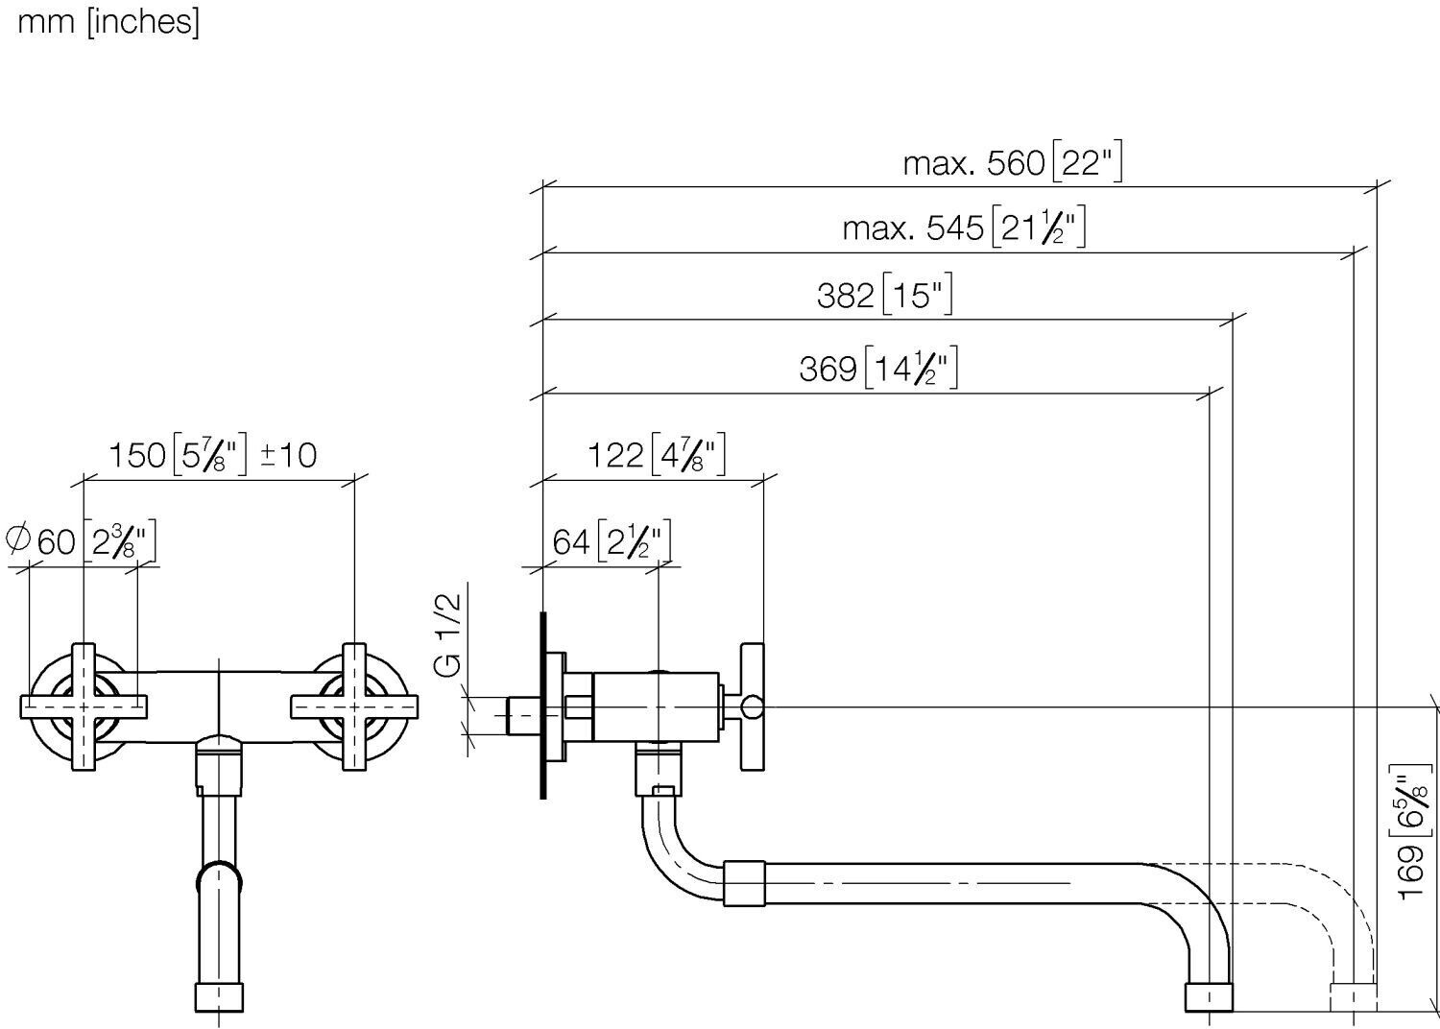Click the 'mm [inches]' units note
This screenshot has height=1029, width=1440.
click(108, 23)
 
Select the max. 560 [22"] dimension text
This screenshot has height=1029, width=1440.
click(1013, 161)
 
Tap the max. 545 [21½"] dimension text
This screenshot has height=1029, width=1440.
click(964, 227)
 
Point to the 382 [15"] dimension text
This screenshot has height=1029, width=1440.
click(884, 295)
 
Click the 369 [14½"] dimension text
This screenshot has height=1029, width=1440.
click(878, 368)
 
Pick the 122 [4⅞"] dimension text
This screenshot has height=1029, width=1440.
click(657, 454)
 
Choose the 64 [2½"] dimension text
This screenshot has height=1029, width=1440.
click(612, 540)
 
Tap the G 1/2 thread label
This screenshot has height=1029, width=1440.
click(448, 634)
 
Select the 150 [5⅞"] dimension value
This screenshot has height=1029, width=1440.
click(178, 454)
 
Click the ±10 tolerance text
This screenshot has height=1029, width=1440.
click(289, 455)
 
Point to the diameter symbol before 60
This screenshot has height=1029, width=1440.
click(18, 538)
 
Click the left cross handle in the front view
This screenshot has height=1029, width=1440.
click(84, 707)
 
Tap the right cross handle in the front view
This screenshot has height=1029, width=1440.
click(354, 707)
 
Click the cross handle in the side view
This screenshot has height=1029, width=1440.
click(752, 707)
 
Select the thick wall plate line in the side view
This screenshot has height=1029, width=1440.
click(543, 706)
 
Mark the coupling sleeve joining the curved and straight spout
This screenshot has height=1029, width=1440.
click(744, 884)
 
